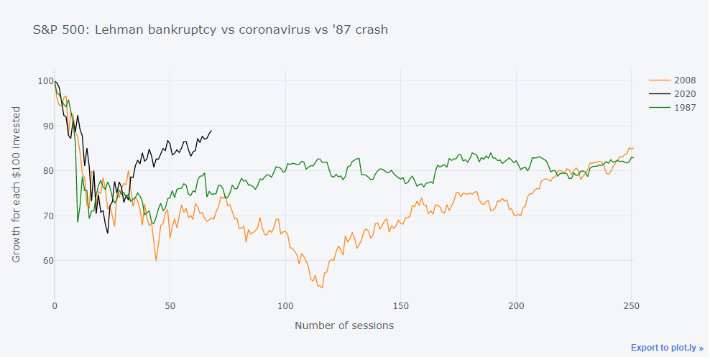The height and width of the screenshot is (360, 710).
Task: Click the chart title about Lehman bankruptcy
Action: [211, 30]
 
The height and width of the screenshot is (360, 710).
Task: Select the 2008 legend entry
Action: [679, 80]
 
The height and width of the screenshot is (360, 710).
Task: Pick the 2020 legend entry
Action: [679, 94]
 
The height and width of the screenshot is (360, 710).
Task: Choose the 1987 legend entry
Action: [679, 109]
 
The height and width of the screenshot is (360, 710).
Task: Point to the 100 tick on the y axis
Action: [45, 81]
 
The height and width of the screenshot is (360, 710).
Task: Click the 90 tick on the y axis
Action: [47, 126]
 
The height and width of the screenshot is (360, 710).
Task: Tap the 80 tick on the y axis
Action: [47, 171]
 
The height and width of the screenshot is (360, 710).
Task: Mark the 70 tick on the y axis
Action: [47, 216]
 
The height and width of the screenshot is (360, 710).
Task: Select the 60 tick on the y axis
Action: [47, 261]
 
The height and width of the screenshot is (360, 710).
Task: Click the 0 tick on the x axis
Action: [55, 305]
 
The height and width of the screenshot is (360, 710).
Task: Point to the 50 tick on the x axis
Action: [170, 305]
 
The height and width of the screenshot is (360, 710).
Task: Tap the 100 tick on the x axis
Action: [285, 305]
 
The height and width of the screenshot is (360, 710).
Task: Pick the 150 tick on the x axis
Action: [401, 305]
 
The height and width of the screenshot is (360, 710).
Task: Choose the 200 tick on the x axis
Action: [516, 305]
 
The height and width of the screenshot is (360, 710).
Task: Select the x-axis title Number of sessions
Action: [344, 326]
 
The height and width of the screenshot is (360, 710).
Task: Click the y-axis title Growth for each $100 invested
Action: [17, 185]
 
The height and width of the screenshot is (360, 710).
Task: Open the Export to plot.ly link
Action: [667, 348]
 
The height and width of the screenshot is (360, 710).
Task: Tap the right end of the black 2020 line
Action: [211, 131]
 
